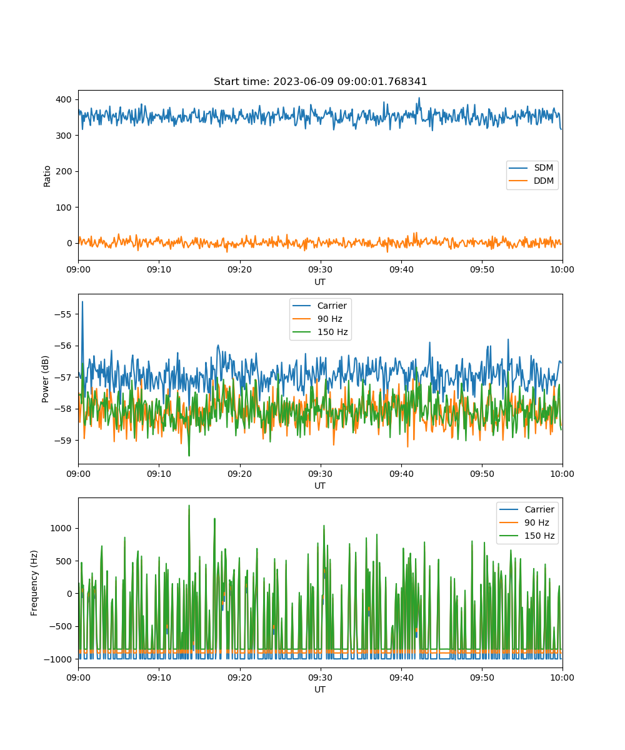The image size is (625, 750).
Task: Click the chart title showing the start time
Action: point(320,81)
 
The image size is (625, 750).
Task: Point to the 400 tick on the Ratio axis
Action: point(64,99)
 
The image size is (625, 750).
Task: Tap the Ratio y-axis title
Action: point(47,176)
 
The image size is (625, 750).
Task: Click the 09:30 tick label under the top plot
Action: point(320,269)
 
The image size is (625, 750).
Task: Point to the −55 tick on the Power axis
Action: point(63,314)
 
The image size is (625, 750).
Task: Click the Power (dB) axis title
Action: point(45,379)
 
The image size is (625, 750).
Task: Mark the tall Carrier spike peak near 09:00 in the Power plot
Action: point(82,302)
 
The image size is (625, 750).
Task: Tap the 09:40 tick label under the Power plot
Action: point(401,474)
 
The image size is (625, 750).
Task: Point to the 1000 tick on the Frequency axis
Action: point(61,528)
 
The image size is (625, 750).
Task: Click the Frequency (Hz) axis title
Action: point(34,583)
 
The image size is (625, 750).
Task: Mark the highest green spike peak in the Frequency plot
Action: point(189,506)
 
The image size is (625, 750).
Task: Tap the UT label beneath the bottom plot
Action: point(319,689)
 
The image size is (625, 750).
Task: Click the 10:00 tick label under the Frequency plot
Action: point(562,677)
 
